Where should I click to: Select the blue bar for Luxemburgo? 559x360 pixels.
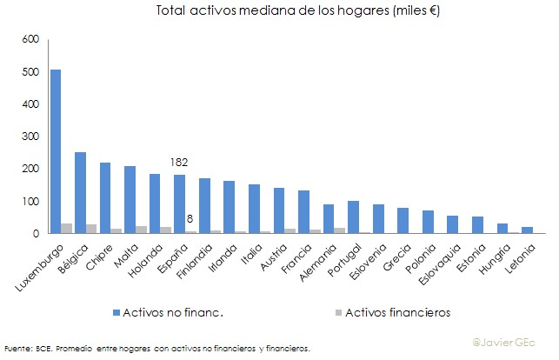(x=56, y=152)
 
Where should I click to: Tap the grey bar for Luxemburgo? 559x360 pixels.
(x=66, y=229)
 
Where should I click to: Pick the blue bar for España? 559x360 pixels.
(x=179, y=204)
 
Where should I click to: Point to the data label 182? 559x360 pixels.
(x=180, y=163)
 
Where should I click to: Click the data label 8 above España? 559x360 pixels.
(x=190, y=220)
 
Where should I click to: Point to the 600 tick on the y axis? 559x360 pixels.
(x=31, y=40)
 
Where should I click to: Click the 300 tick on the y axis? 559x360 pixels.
(x=31, y=137)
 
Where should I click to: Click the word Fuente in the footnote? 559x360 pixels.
(x=18, y=349)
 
